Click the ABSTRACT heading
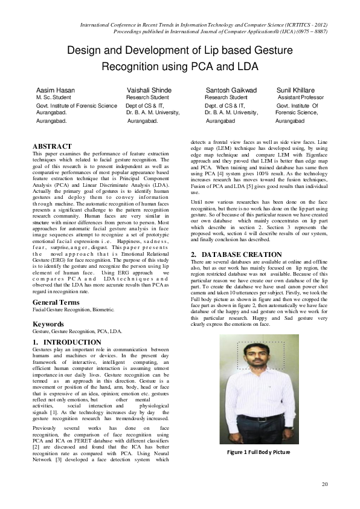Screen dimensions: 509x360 point(52,146)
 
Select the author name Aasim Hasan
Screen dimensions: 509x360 point(56,90)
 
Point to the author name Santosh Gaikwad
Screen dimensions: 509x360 point(231,90)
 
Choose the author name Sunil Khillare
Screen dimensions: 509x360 point(295,90)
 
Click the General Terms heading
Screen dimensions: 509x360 point(56,302)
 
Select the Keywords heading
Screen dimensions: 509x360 point(49,324)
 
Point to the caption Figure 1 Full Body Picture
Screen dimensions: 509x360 point(259,452)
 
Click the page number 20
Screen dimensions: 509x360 point(324,484)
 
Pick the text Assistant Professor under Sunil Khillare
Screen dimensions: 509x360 point(300,97)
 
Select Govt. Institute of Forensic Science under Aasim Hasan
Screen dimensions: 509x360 point(77,105)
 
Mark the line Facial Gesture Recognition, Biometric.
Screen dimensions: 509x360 point(73,310)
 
